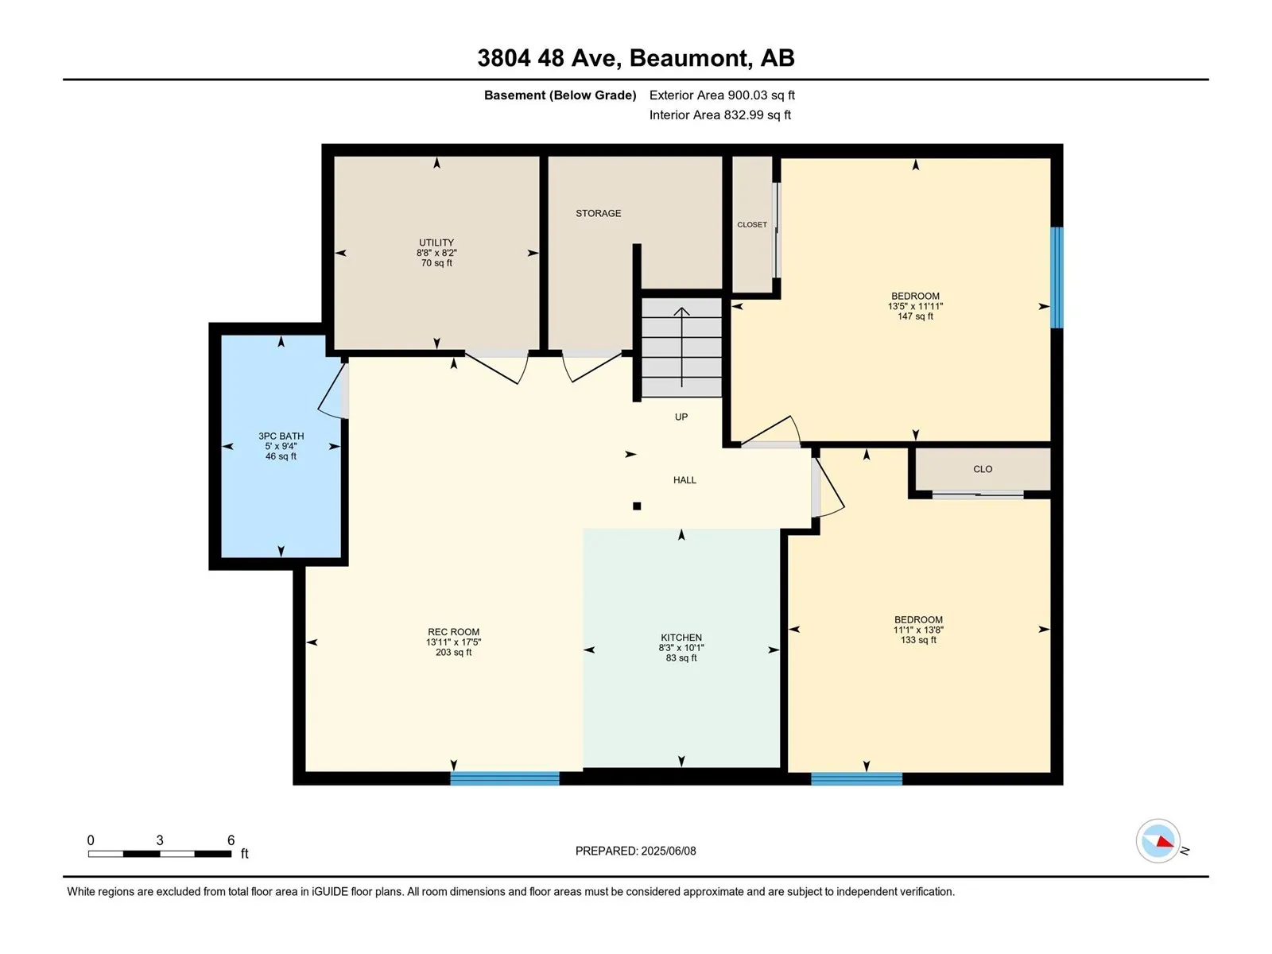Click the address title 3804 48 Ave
(549, 58)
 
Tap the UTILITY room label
(436, 242)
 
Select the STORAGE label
(598, 213)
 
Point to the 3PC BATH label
(281, 436)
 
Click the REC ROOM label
(454, 632)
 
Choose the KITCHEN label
(681, 637)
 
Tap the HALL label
(685, 479)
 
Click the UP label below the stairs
(681, 417)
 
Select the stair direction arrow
(681, 347)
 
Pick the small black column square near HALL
(637, 506)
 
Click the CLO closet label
(983, 468)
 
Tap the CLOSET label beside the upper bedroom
(752, 225)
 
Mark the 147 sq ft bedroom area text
(916, 316)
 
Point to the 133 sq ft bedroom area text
(918, 640)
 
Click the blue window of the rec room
(505, 778)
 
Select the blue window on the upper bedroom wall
(1057, 277)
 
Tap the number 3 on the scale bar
(160, 840)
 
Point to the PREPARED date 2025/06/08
(668, 851)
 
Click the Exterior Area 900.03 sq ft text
(722, 95)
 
